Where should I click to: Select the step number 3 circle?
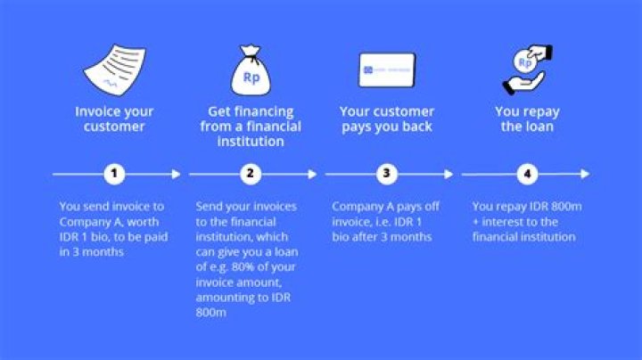[x=386, y=174]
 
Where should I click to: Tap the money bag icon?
[x=251, y=71]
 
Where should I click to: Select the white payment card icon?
[x=386, y=70]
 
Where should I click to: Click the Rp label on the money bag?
[x=251, y=78]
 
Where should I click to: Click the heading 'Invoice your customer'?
[x=113, y=119]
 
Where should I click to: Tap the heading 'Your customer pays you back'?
[x=386, y=119]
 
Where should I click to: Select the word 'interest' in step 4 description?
[x=506, y=221]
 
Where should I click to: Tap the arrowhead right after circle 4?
[x=584, y=174]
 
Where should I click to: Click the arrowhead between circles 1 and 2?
[x=176, y=174]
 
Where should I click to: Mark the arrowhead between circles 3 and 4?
[x=449, y=174]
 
